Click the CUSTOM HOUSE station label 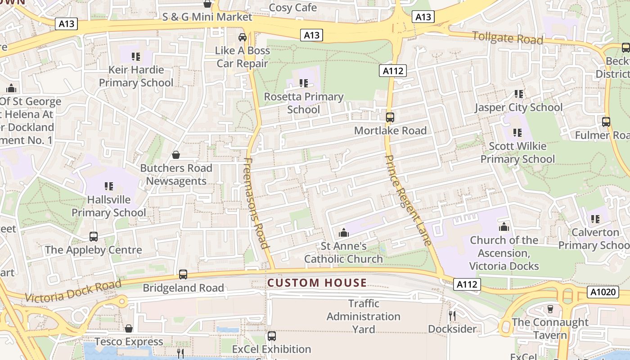[x=317, y=283]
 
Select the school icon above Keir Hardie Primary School [x=135, y=56]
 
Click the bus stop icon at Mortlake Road [x=390, y=117]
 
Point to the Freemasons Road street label [x=257, y=203]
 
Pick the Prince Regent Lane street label [x=409, y=200]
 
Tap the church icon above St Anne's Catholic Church [x=344, y=233]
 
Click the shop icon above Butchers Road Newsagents [x=176, y=155]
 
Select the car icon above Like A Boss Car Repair [x=243, y=37]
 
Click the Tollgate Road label [x=508, y=38]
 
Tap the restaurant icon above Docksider [x=452, y=315]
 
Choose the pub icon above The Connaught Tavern [x=549, y=309]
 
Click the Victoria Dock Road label [x=73, y=291]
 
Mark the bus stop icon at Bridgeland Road [x=183, y=274]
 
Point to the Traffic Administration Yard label [x=364, y=316]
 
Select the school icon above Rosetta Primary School [x=304, y=83]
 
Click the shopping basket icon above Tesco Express [x=129, y=328]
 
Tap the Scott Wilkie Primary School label [x=517, y=153]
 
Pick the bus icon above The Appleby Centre [x=94, y=236]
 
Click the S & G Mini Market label [x=207, y=17]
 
